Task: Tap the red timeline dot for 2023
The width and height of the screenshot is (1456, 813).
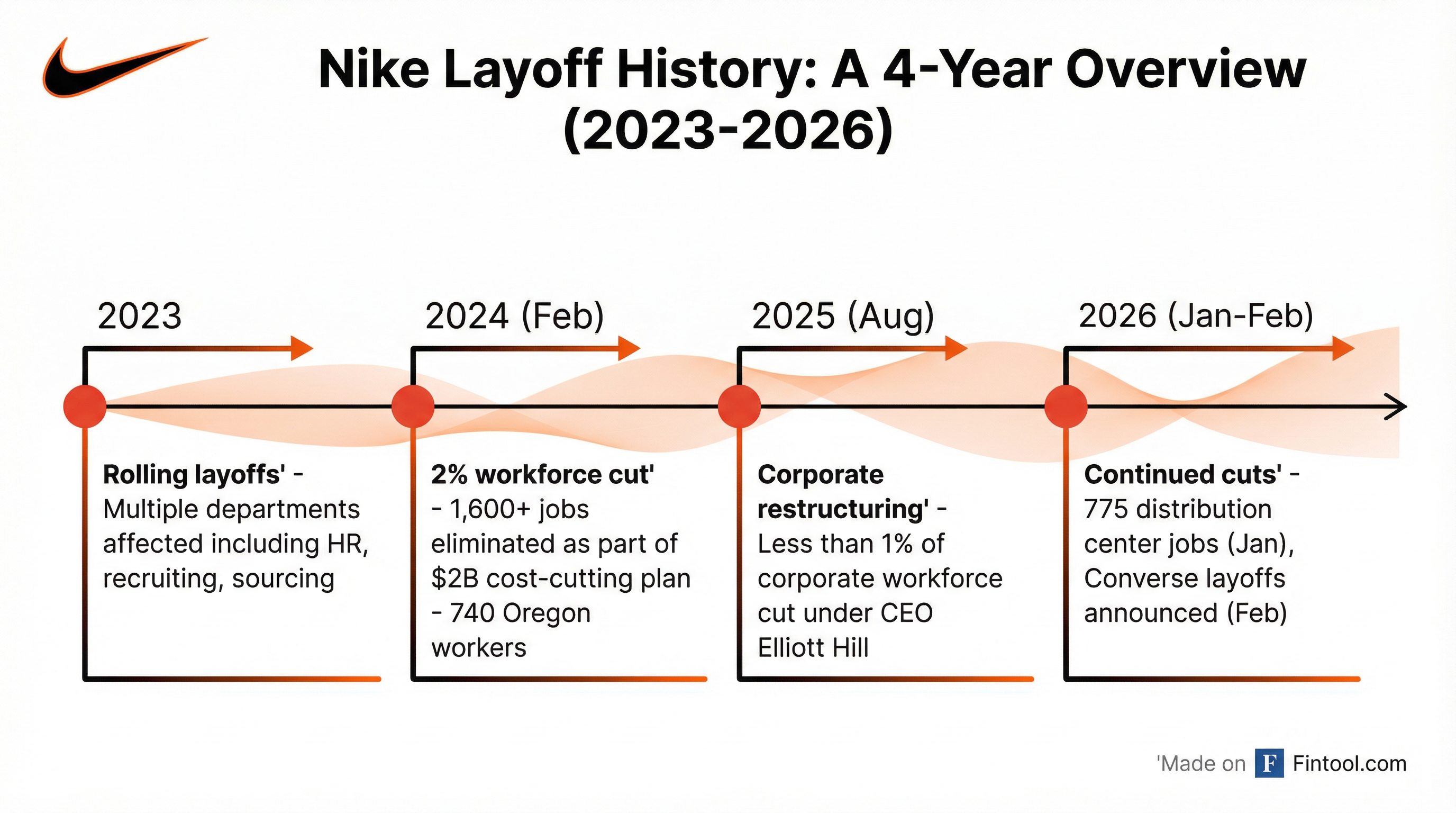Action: click(85, 406)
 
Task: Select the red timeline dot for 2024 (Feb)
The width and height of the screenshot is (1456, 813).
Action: click(413, 406)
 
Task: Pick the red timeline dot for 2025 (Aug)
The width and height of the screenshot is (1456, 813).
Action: click(739, 406)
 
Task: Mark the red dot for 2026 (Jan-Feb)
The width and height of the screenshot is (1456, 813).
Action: click(1066, 406)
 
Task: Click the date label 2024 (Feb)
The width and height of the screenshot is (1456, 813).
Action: click(514, 315)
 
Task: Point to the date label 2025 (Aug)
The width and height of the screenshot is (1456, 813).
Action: click(843, 315)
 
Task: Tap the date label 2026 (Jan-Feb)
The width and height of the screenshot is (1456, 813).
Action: click(1196, 315)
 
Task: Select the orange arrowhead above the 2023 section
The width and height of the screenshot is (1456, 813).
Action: click(301, 348)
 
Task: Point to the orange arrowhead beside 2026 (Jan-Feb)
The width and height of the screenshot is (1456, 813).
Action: click(1343, 348)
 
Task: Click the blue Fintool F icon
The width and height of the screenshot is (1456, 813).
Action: click(1269, 763)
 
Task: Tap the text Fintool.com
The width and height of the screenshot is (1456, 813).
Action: click(1349, 764)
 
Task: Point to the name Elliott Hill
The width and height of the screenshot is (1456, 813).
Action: click(813, 648)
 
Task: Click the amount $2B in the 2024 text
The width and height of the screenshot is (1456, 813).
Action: click(454, 579)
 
